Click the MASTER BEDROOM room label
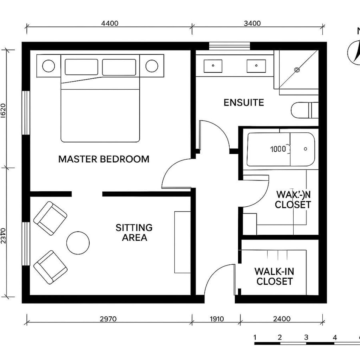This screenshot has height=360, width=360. [x=104, y=159]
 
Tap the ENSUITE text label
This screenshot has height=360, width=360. [x=244, y=102]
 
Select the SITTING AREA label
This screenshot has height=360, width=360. [x=134, y=232]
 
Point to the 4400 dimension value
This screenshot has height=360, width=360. [x=110, y=23]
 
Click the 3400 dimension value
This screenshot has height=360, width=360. [x=252, y=23]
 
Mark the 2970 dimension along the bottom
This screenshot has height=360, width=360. [x=108, y=319]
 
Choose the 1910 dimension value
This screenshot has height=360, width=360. [x=216, y=319]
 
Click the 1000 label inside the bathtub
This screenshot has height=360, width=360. [x=278, y=149]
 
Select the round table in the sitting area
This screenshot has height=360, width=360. [x=78, y=243]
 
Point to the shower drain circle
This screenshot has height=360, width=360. [x=297, y=70]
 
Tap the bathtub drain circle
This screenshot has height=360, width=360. [x=306, y=149]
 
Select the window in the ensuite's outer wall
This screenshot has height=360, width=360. [x=230, y=46]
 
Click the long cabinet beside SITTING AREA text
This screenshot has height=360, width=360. [x=182, y=242]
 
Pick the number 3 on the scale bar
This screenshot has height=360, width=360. [x=306, y=337]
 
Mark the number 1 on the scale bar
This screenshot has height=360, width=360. [x=255, y=337]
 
